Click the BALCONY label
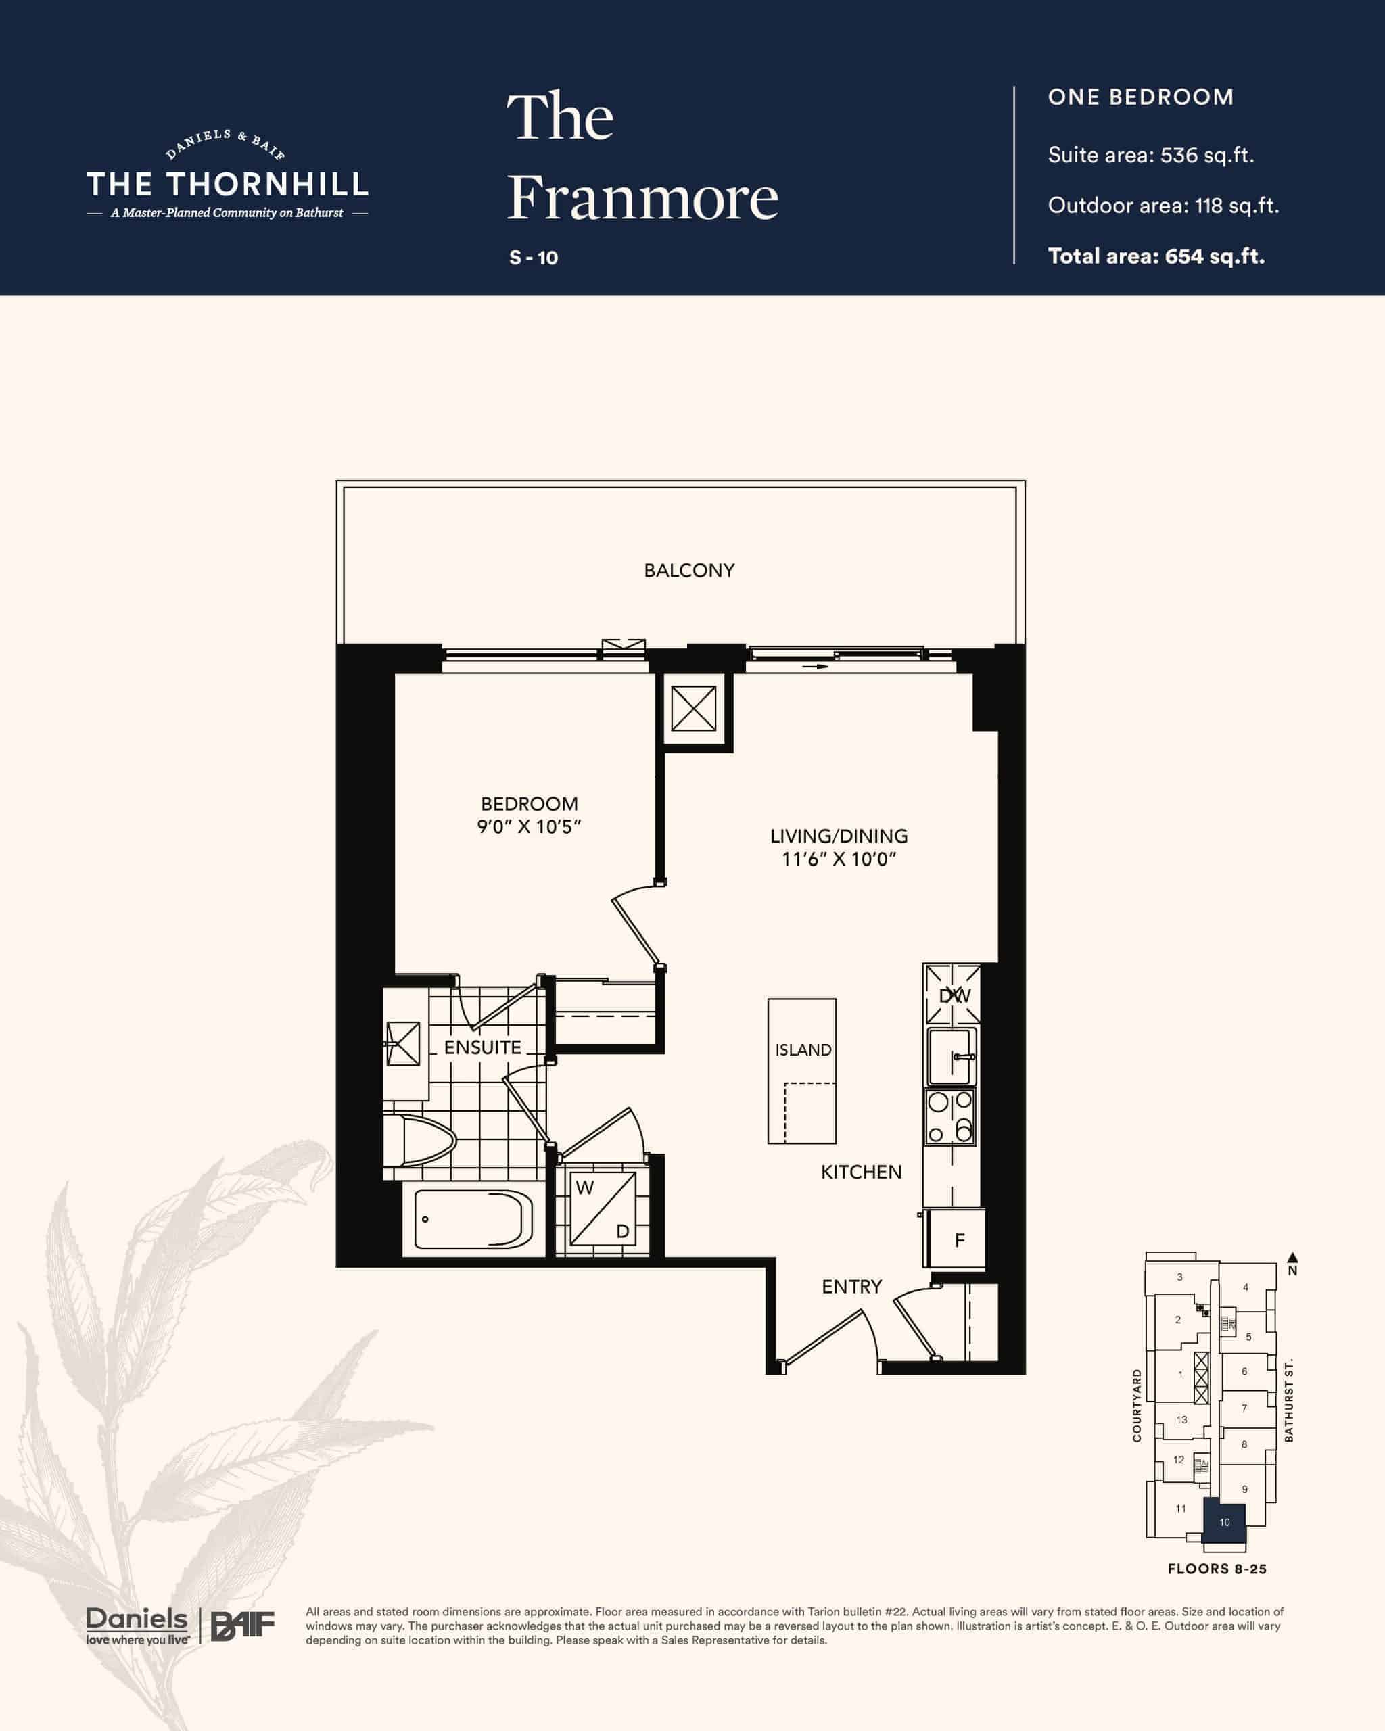(689, 570)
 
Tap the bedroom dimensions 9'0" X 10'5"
(529, 827)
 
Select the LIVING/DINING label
(839, 836)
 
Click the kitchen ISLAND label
(803, 1049)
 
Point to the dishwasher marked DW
(952, 995)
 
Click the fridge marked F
(956, 1241)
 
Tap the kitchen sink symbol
(952, 1057)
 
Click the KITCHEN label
(861, 1172)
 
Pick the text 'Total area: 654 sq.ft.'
(1156, 256)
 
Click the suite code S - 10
(533, 258)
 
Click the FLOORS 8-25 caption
(1217, 1569)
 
